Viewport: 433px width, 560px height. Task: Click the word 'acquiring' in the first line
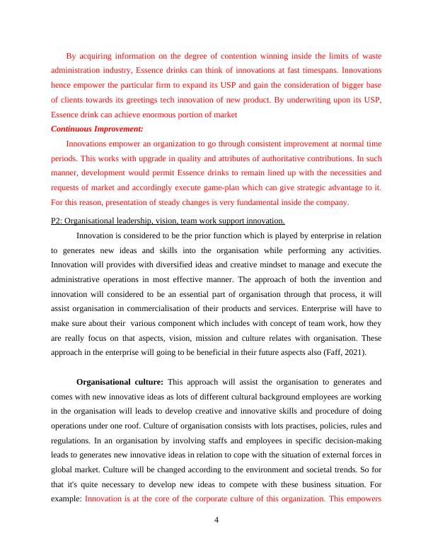pyautogui.click(x=96, y=55)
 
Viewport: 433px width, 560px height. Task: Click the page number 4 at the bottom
pyautogui.click(x=216, y=521)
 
